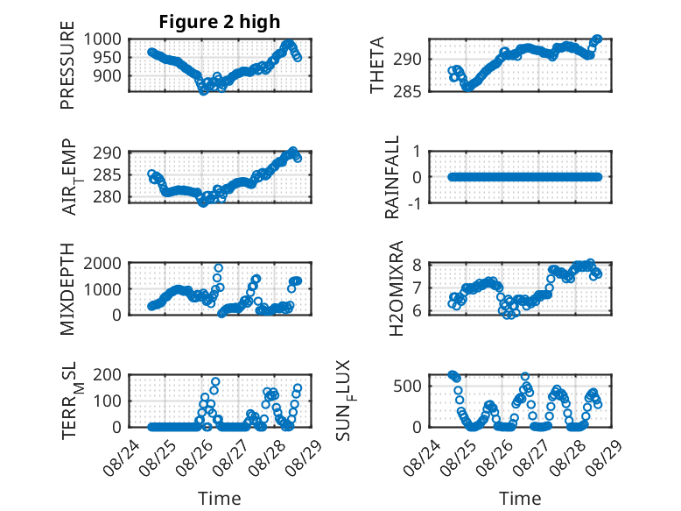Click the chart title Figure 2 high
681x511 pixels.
pyautogui.click(x=219, y=22)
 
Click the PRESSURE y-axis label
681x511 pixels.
pyautogui.click(x=67, y=70)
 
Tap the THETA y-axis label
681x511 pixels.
pyautogui.click(x=377, y=66)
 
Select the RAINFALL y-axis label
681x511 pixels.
pyautogui.click(x=393, y=177)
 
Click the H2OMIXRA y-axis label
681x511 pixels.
pyautogui.click(x=396, y=289)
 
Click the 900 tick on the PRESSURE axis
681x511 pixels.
pyautogui.click(x=111, y=76)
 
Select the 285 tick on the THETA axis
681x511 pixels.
pyautogui.click(x=413, y=91)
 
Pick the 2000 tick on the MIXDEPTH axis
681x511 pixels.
pyautogui.click(x=107, y=263)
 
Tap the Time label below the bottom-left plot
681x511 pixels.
pyautogui.click(x=219, y=499)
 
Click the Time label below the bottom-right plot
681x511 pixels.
pyautogui.click(x=520, y=499)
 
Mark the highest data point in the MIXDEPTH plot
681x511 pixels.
pyautogui.click(x=219, y=268)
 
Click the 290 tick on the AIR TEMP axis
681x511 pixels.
pyautogui.click(x=111, y=152)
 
